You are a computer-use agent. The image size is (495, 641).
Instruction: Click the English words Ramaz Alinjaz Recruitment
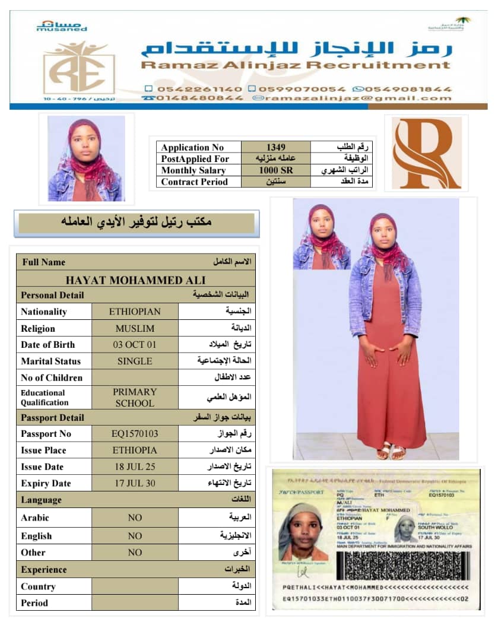tap(295, 65)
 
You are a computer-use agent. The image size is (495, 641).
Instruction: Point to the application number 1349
tap(275, 147)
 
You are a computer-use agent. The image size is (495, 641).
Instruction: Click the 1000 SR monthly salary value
tap(275, 170)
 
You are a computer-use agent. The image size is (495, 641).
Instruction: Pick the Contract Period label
tap(194, 182)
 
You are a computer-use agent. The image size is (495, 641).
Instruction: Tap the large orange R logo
tap(426, 152)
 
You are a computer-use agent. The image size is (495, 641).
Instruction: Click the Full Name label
tap(44, 262)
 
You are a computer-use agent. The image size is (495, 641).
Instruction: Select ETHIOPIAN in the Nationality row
tap(135, 312)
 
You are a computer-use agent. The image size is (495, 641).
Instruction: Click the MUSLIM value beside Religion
tap(135, 328)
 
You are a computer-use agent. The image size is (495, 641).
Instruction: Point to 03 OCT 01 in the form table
tap(135, 344)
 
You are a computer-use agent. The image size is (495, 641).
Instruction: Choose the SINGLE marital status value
tap(135, 361)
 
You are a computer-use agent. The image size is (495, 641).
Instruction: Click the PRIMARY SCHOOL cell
tap(135, 397)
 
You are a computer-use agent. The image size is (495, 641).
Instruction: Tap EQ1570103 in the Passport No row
tap(135, 434)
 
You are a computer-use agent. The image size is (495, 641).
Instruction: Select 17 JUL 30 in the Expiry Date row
tap(135, 483)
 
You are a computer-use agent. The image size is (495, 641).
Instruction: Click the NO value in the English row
tap(135, 535)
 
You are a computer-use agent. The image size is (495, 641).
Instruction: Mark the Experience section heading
tap(44, 569)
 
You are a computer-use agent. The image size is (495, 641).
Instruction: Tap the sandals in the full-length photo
tap(391, 451)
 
